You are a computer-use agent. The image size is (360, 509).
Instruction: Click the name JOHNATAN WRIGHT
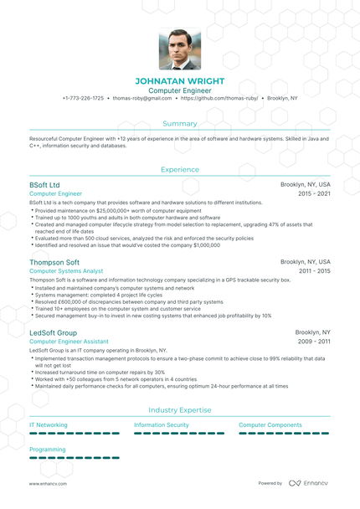[180, 81]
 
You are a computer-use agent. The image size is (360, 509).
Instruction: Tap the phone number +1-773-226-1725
[83, 98]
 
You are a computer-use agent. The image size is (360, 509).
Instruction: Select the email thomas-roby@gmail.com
[141, 98]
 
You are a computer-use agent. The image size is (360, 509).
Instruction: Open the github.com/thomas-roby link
[219, 98]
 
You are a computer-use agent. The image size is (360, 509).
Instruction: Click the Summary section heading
[180, 123]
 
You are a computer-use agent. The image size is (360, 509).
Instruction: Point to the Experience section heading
[180, 169]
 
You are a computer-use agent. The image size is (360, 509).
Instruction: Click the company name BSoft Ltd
[44, 184]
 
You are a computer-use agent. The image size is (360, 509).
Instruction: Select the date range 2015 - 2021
[314, 193]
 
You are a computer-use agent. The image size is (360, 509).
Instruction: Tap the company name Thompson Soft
[54, 262]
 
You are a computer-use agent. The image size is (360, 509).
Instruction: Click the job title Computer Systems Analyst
[66, 271]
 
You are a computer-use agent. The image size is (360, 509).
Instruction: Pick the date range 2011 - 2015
[314, 271]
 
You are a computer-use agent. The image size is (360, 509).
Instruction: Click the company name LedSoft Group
[53, 332]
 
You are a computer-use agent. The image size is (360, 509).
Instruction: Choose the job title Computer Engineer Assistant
[69, 342]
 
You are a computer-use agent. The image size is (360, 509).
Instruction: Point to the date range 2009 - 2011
[314, 342]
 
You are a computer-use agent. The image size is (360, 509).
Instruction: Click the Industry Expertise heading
[180, 409]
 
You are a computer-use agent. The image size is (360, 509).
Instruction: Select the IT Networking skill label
[49, 425]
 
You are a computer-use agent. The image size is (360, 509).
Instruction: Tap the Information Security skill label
[162, 425]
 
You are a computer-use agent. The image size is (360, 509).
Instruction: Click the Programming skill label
[48, 450]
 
